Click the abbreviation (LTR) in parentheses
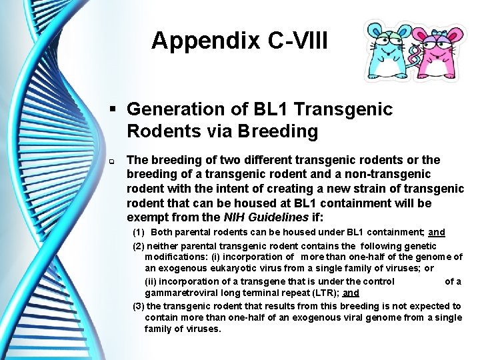(327, 293)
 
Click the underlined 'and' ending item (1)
(437, 233)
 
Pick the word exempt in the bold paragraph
(145, 217)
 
